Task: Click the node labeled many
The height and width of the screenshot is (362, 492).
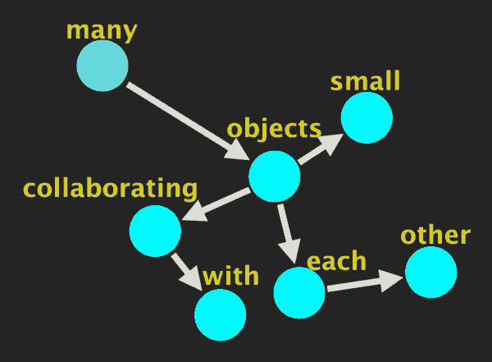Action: click(102, 66)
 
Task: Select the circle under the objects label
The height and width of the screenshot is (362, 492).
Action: click(274, 176)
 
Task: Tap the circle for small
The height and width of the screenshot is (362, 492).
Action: click(367, 117)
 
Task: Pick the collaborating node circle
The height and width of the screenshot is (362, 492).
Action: click(155, 231)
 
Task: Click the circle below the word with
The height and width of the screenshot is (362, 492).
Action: click(221, 314)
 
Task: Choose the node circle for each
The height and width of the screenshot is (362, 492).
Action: click(299, 292)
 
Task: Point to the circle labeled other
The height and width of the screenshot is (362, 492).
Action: click(430, 272)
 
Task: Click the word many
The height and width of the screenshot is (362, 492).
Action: click(102, 30)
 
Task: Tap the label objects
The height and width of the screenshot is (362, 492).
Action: click(274, 128)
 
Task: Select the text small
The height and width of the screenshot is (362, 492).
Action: click(365, 81)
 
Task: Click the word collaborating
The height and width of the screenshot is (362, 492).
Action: click(111, 188)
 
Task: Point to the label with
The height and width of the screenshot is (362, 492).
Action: click(231, 274)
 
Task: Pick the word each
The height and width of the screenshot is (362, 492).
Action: click(336, 261)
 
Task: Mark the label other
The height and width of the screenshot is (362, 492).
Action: click(435, 236)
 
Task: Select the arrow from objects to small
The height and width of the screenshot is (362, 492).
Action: click(319, 149)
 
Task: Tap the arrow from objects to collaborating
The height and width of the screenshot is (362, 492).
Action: click(216, 204)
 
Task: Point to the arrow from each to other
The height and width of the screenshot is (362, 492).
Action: click(364, 283)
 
